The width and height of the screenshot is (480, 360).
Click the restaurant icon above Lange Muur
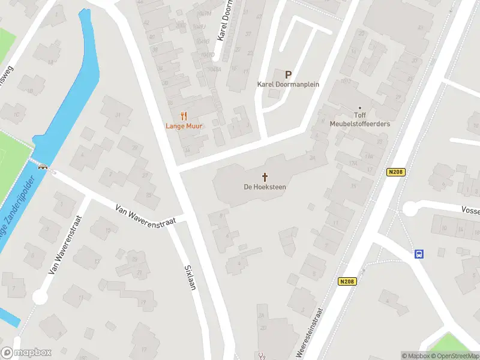coord(184,116)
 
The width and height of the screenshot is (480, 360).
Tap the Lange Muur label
coord(184,127)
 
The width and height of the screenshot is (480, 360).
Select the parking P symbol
coord(288,75)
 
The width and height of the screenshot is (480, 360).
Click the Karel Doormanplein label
coord(288,85)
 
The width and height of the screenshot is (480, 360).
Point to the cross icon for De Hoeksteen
coord(265,177)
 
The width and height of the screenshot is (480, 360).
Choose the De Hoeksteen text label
coord(265,187)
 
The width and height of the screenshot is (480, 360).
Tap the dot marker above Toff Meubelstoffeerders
coord(360,108)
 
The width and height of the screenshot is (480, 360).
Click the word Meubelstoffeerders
coord(360,124)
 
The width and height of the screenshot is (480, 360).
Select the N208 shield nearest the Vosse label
coord(396,172)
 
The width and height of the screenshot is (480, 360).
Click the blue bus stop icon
coord(419,254)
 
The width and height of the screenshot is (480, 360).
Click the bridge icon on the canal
coord(43,167)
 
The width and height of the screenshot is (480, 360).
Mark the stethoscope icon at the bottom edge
coord(261,356)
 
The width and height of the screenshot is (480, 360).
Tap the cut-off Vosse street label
coord(470,211)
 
